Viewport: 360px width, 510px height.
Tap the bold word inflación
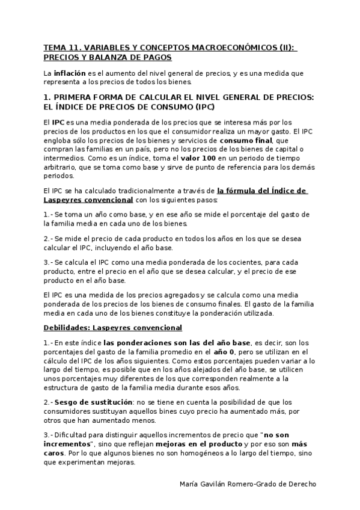click(70, 73)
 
